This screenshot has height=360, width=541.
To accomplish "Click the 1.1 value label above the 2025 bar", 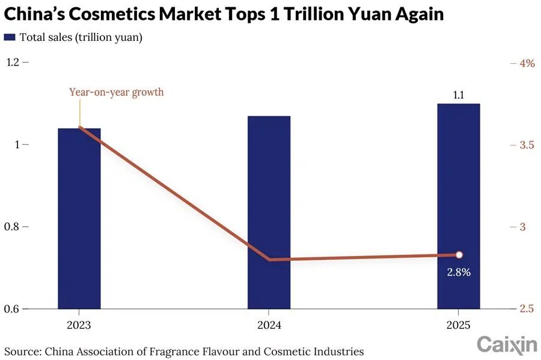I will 459,95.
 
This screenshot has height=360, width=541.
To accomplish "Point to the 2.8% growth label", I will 459,272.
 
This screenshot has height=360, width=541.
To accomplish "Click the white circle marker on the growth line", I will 459,255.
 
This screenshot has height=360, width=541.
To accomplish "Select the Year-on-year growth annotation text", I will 116,93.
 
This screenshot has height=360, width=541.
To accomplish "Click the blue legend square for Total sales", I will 9,37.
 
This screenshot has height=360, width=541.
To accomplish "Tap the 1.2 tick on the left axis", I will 13,63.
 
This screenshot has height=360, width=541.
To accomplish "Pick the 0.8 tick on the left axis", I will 13,227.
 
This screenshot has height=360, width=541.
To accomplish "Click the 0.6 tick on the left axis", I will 13,309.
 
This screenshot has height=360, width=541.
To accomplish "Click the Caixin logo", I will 506,344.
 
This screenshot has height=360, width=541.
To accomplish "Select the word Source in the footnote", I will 20,350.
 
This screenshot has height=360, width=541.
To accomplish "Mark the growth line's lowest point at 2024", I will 269,260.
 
